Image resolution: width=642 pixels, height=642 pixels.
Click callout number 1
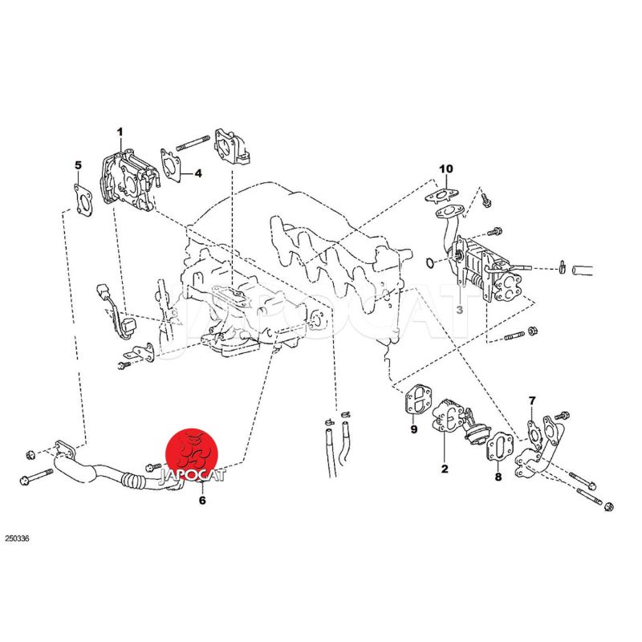(x=120, y=132)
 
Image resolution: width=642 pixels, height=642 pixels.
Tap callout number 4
(x=198, y=173)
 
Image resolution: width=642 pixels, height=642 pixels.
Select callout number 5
(x=78, y=165)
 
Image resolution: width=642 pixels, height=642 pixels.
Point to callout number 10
(x=446, y=169)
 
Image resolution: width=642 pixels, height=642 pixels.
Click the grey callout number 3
(x=459, y=310)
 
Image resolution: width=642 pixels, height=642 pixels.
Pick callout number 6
(x=202, y=500)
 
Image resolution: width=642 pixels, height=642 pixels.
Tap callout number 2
(x=445, y=469)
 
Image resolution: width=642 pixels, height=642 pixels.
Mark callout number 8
(x=498, y=477)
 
